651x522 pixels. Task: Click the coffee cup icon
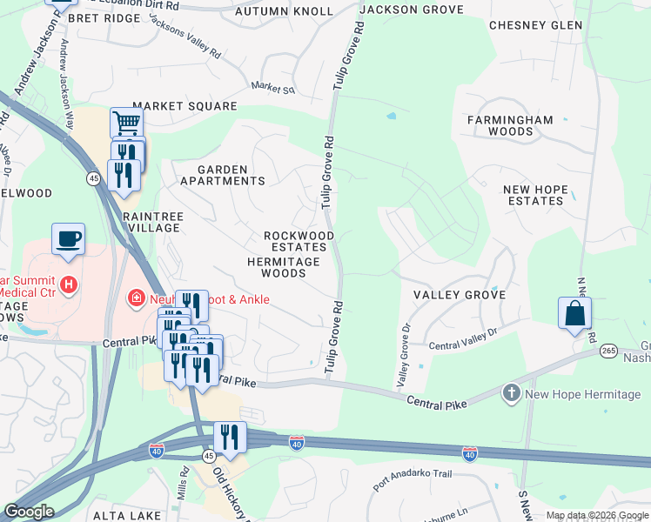point(68,238)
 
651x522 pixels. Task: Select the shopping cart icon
point(127,123)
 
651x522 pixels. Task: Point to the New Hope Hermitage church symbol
point(512,394)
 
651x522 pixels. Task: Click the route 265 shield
point(607,351)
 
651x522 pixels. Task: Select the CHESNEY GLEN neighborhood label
point(535,25)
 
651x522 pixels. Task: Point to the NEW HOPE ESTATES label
point(534,194)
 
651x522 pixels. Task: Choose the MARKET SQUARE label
point(185,106)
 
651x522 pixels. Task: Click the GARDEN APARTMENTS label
point(222,175)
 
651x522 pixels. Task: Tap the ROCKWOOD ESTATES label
point(299,241)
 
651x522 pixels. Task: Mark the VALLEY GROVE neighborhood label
point(459,295)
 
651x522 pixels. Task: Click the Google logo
point(29,512)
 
